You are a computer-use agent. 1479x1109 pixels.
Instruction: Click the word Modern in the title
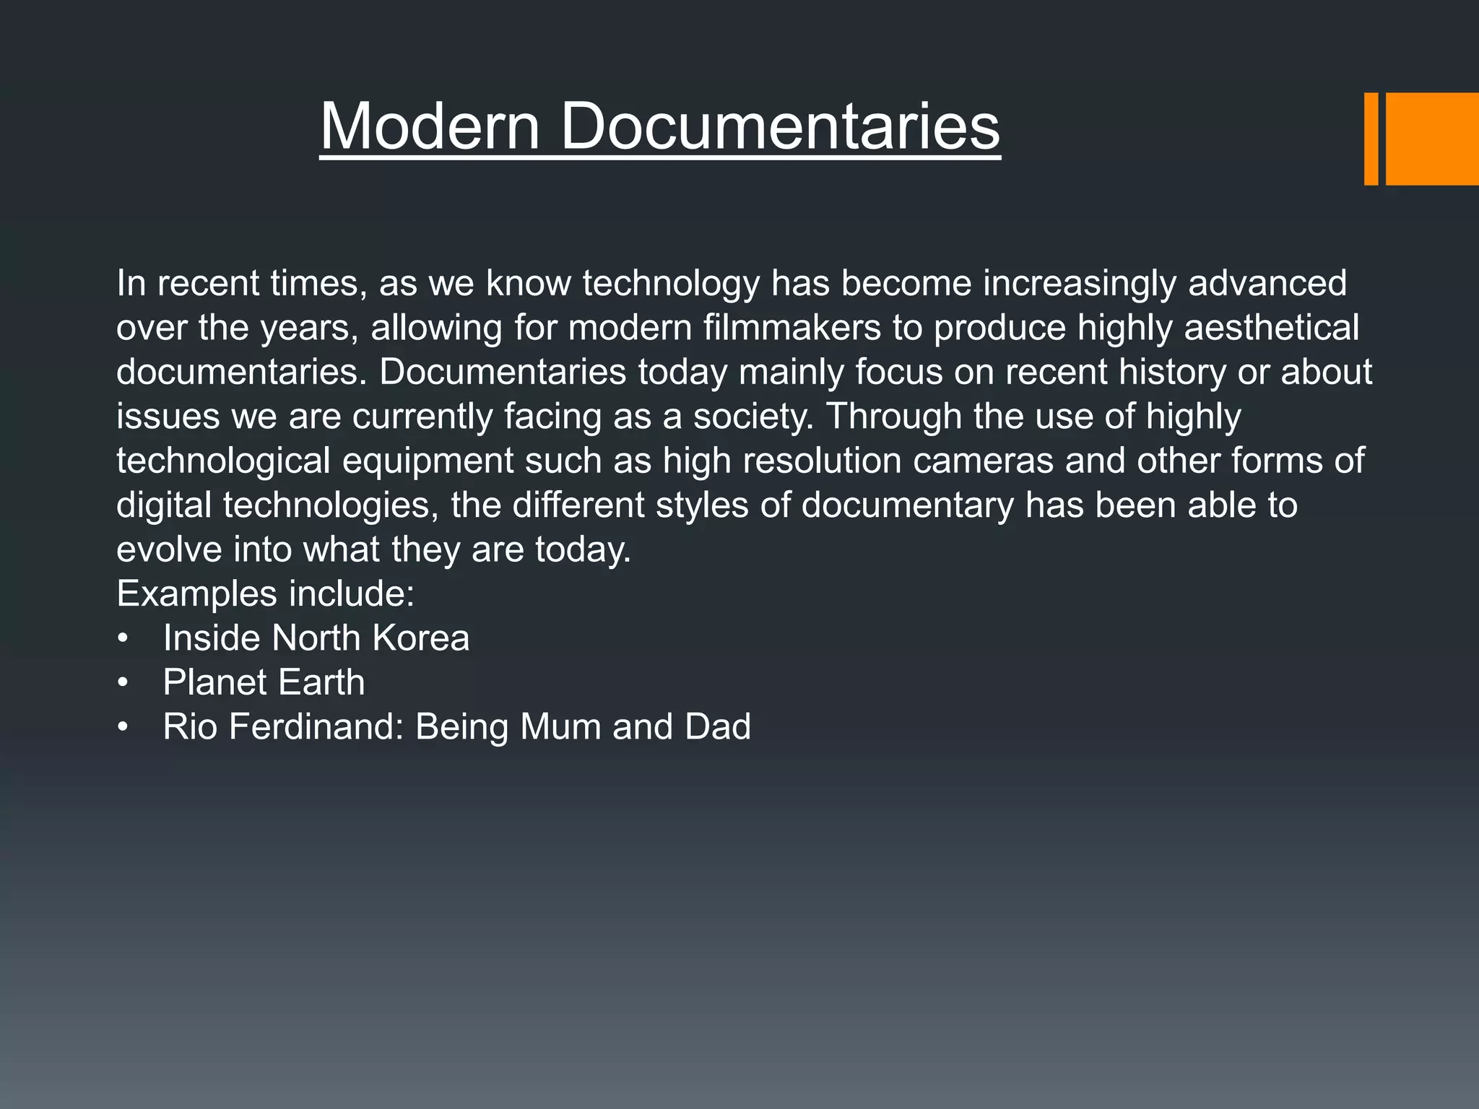430,126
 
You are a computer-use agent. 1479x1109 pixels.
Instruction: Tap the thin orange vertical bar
1371,139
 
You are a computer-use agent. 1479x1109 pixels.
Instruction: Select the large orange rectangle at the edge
1432,139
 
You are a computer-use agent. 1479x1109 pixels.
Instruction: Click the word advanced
1267,282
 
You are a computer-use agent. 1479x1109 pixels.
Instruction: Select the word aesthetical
1272,327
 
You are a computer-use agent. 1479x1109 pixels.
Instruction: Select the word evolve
169,550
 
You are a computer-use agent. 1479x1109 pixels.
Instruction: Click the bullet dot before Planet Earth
123,683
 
